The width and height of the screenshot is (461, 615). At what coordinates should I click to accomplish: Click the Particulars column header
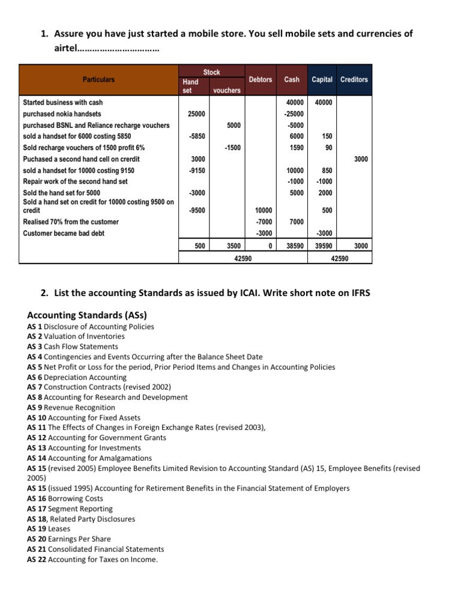pos(98,79)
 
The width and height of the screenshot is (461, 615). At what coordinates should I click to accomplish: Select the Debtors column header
pos(260,79)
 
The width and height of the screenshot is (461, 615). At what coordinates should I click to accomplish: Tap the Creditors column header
pos(354,79)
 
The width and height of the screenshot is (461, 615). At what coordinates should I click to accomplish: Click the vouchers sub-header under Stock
pos(226,90)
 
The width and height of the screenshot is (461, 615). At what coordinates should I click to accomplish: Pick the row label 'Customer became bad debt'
pos(63,233)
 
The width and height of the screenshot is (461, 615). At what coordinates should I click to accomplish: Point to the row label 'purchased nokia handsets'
pos(62,114)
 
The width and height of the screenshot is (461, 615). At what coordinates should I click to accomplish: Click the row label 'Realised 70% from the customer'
pos(70,222)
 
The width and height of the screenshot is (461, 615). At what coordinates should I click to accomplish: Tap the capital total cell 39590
pos(324,246)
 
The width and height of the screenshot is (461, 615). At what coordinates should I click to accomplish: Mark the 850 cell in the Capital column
pos(327,171)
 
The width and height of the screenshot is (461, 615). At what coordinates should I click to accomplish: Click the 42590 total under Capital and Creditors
pos(339,258)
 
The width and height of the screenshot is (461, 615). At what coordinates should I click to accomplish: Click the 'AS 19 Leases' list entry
pos(49,529)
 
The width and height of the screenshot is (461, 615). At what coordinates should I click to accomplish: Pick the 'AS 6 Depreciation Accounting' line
pos(77,377)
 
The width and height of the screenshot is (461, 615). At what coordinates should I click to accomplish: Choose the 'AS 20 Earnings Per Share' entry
pos(69,539)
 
